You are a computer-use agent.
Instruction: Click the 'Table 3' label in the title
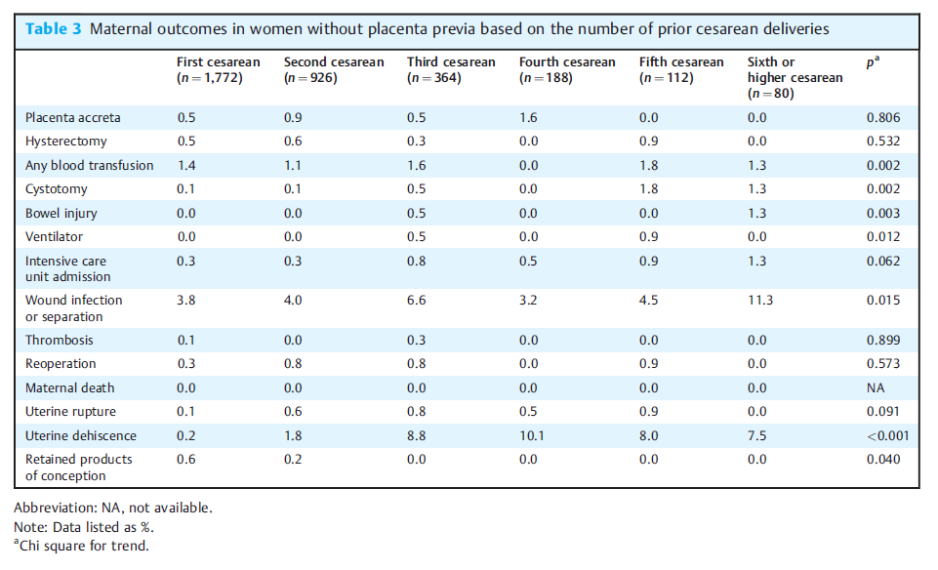(x=54, y=28)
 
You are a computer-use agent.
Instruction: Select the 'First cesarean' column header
(x=219, y=69)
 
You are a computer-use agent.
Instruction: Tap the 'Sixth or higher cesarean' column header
(x=795, y=77)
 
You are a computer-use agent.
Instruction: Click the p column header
(x=873, y=61)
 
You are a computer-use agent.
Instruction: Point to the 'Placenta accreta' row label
(x=73, y=117)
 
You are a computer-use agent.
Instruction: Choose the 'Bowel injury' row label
(x=61, y=214)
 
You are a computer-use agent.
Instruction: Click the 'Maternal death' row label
(x=70, y=387)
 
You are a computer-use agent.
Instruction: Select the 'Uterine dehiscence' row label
(x=81, y=435)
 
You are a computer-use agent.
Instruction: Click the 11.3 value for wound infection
(x=759, y=300)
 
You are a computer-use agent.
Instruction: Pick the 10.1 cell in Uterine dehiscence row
(x=532, y=435)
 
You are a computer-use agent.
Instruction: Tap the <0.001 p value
(x=888, y=435)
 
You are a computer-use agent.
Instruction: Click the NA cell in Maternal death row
(x=876, y=387)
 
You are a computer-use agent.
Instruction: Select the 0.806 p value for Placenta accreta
(x=883, y=117)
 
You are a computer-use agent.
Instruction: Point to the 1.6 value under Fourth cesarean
(x=528, y=117)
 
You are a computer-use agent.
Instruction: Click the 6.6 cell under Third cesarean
(x=417, y=300)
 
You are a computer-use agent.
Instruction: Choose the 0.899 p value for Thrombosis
(x=883, y=340)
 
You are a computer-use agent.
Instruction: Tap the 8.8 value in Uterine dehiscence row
(x=417, y=435)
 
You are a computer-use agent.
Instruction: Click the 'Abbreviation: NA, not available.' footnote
(x=113, y=508)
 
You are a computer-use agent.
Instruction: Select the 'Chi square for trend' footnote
(x=81, y=546)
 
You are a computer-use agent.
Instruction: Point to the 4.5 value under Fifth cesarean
(x=648, y=300)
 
